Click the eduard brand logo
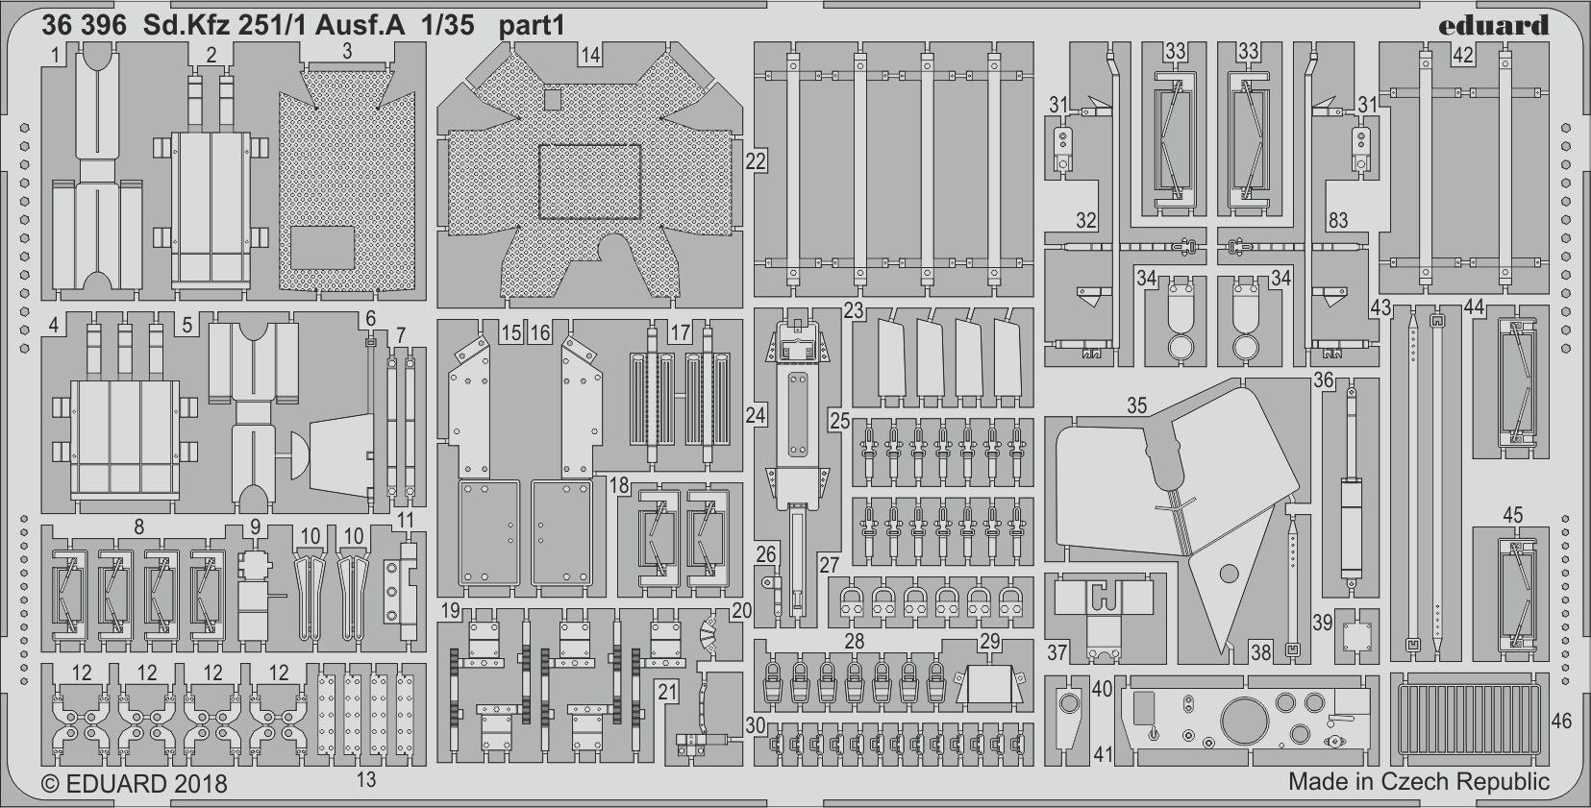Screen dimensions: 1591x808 click(x=1494, y=26)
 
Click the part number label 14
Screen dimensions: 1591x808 click(x=590, y=56)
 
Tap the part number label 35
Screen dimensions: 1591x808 click(x=1136, y=405)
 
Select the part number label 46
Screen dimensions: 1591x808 click(x=1561, y=722)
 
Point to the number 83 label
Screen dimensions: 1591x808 click(x=1338, y=221)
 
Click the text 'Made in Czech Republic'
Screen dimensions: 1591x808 click(x=1419, y=782)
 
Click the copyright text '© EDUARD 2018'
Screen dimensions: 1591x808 click(x=135, y=784)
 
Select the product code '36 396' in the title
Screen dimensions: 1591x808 click(x=84, y=26)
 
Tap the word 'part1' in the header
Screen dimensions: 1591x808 click(x=532, y=26)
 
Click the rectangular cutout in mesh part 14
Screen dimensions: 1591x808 click(x=590, y=181)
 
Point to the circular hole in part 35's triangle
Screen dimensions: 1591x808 click(x=1229, y=573)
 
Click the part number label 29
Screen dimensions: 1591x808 click(x=989, y=641)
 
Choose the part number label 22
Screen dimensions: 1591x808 click(x=755, y=161)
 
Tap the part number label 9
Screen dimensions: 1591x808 click(x=255, y=526)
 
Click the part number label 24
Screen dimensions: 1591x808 click(x=755, y=415)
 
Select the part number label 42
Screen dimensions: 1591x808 click(x=1463, y=55)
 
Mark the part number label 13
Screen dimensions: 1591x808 click(x=366, y=779)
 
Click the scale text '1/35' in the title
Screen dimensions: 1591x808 click(x=447, y=26)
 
